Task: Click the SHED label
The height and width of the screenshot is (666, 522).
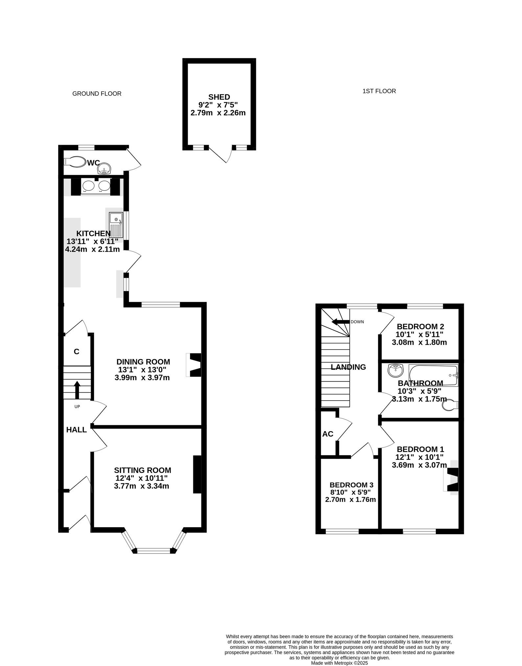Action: coord(219,97)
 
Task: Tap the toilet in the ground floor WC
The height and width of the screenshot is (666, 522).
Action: coord(75,161)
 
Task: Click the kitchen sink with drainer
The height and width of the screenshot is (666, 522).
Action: coord(116,225)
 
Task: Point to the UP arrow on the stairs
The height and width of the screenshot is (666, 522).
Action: coord(77,390)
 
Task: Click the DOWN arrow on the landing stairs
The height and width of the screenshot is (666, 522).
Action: coord(341,322)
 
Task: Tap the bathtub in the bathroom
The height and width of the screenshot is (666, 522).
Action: coord(433,375)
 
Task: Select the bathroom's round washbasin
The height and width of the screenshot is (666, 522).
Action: coord(395,371)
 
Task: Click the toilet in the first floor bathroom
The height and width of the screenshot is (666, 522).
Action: coord(450,405)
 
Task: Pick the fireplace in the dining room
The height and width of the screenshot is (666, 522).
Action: coord(194,365)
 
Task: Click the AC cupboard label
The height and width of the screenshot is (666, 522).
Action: coord(328,434)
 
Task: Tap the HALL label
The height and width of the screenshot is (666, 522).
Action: coord(77,430)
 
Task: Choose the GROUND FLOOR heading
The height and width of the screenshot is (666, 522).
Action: coord(97,94)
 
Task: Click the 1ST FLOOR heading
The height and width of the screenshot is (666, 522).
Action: coord(379,91)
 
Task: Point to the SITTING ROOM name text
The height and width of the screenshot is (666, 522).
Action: coord(143,470)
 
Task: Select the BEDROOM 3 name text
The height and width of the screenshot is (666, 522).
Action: coord(351,485)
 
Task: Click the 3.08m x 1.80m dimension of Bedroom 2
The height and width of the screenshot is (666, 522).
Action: coord(419,342)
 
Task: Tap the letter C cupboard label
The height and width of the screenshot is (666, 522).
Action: coord(77,352)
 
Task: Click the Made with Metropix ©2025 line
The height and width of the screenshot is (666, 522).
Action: coord(340,661)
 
